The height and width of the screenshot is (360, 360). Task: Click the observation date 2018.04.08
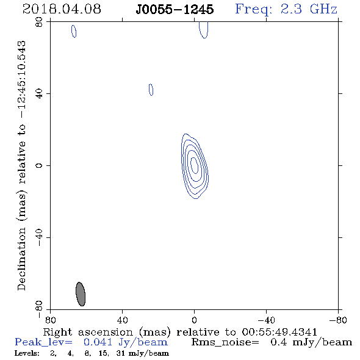[62, 9]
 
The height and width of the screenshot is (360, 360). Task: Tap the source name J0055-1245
[175, 10]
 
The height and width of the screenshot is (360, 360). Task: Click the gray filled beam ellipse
[81, 294]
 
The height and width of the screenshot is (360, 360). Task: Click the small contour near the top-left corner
[74, 31]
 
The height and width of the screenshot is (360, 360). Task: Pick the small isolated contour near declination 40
[151, 90]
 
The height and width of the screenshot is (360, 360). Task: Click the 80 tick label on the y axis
[39, 22]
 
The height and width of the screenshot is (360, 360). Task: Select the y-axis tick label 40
[39, 94]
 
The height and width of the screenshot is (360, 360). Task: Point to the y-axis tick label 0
[39, 165]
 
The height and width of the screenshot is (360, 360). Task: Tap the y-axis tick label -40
[39, 237]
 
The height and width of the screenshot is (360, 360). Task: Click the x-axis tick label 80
[50, 320]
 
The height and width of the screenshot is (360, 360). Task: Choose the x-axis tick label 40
[122, 320]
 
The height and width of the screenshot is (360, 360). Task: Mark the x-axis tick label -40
[266, 320]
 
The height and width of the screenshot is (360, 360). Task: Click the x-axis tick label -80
[338, 320]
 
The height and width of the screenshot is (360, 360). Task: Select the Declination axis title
[21, 165]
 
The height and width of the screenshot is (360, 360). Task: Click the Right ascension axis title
[180, 332]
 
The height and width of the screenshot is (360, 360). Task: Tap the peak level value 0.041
[98, 342]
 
